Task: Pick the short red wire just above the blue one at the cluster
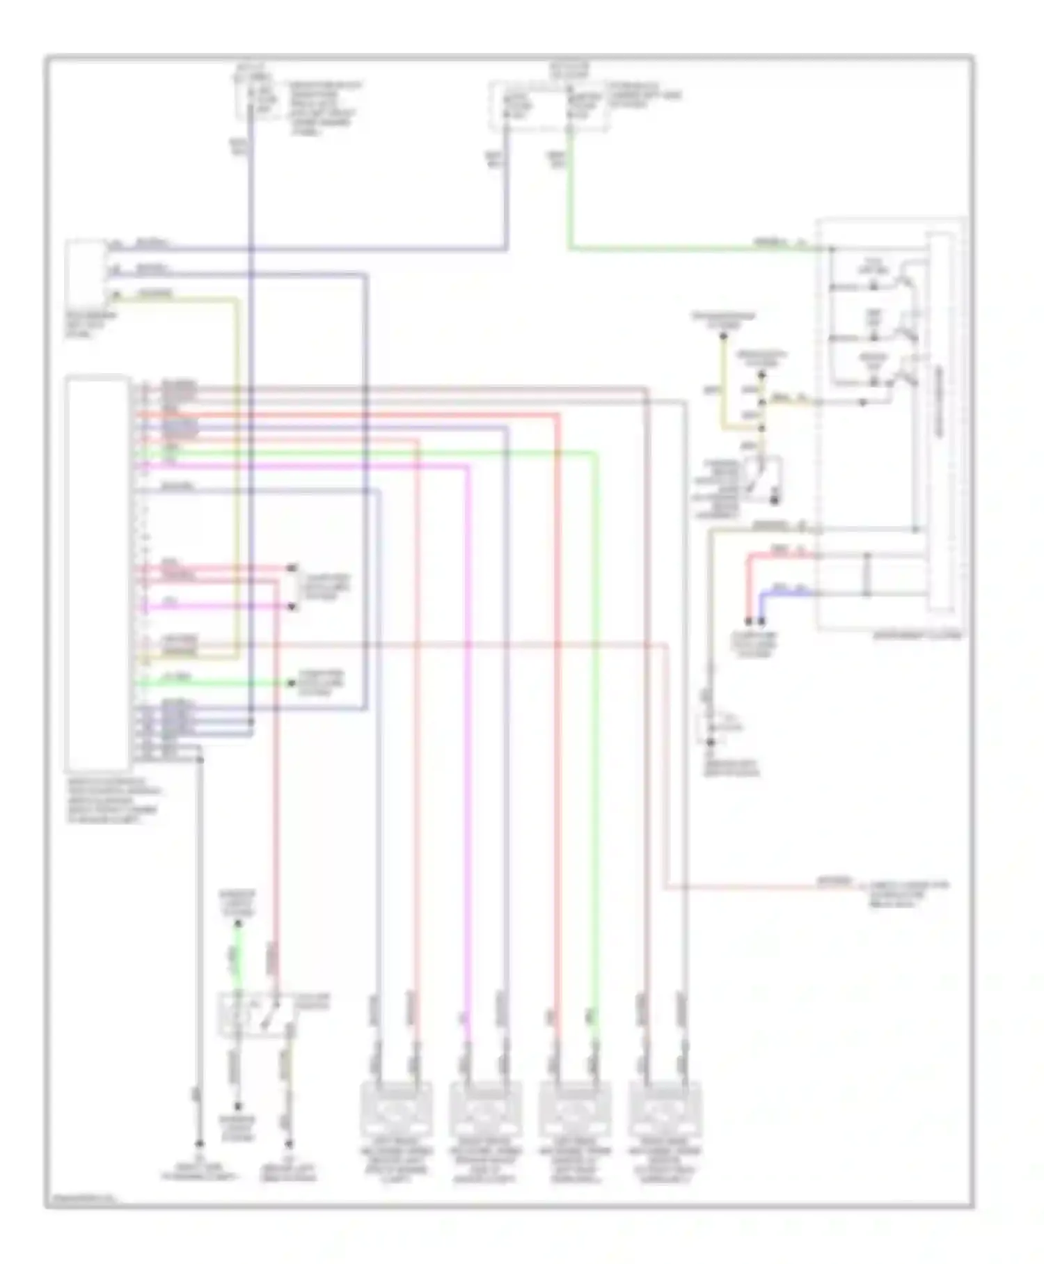coord(780,555)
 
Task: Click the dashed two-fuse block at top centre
coord(548,104)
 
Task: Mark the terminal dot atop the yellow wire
coord(723,336)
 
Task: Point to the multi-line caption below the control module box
coord(113,800)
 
